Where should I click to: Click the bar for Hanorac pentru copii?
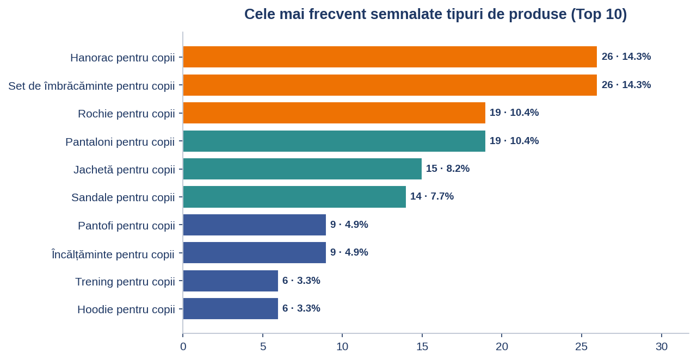[x=390, y=57]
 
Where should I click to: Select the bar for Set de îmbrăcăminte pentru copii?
[x=390, y=85]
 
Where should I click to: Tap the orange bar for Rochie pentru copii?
[x=334, y=113]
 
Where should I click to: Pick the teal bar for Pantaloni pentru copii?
[x=334, y=141]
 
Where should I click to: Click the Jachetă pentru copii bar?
[x=303, y=169]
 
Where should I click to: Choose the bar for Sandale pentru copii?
[x=294, y=197]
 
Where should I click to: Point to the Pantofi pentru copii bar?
[x=255, y=225]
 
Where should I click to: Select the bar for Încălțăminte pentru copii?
[x=255, y=252]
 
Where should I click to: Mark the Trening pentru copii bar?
[x=231, y=281]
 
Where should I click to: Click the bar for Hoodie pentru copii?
[x=231, y=308]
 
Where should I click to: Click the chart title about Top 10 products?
[x=435, y=14]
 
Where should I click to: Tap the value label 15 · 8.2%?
[x=447, y=169]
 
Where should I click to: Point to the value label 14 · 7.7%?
[x=431, y=196]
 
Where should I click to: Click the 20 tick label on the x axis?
[x=502, y=346]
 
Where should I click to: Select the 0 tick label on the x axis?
[x=183, y=346]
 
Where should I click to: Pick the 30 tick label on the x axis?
[x=662, y=346]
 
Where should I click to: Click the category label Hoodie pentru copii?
[x=126, y=309]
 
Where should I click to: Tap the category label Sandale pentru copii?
[x=123, y=197]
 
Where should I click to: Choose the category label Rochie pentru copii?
[x=126, y=114]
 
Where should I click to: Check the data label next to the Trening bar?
[x=301, y=281]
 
